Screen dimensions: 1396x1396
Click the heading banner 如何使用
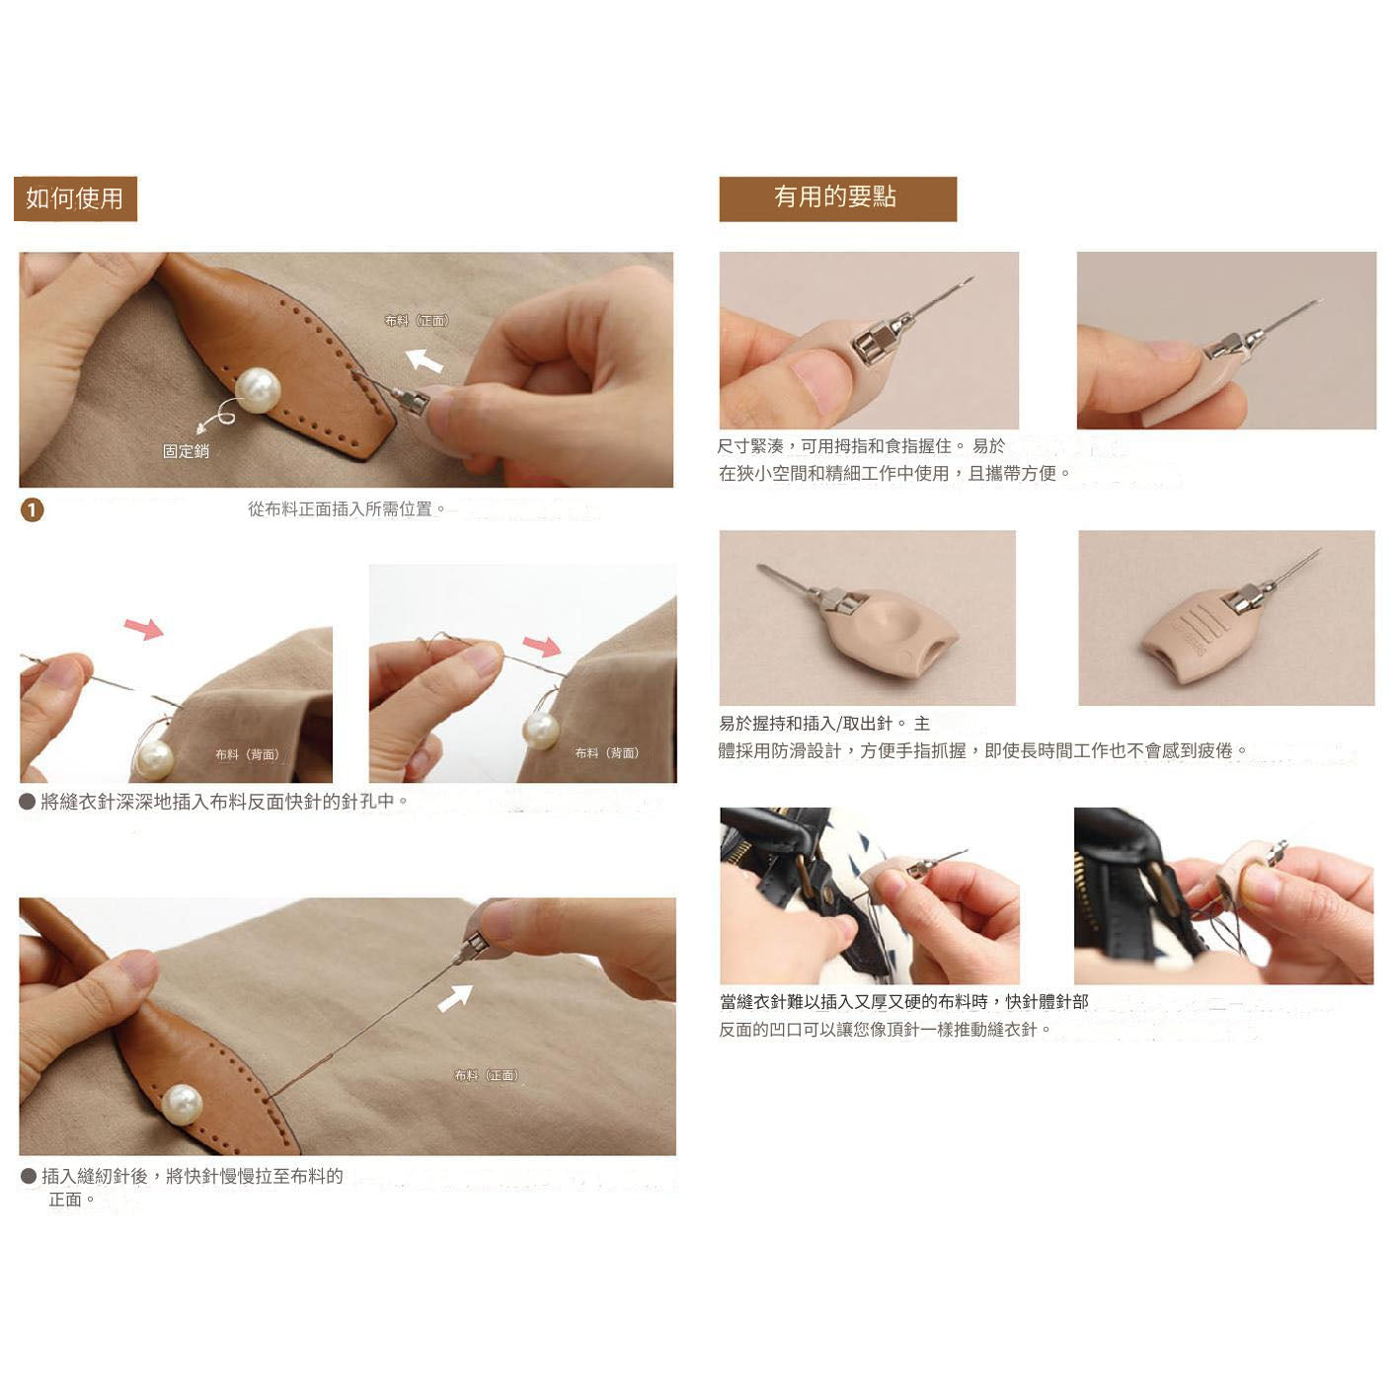[x=75, y=198]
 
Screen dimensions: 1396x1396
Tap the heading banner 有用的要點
[x=836, y=197]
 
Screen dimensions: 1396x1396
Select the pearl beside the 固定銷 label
[x=257, y=390]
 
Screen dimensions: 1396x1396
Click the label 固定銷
[x=186, y=451]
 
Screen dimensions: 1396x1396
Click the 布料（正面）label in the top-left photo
[x=417, y=321]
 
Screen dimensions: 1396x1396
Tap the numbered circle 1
[x=33, y=509]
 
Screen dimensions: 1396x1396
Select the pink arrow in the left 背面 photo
[x=144, y=628]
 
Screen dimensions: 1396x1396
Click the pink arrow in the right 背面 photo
[x=541, y=647]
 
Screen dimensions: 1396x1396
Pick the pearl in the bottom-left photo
[x=182, y=1104]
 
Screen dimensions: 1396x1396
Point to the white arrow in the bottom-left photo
[x=454, y=997]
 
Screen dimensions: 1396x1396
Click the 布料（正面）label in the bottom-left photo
[x=487, y=1075]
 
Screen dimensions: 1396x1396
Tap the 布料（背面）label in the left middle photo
[x=248, y=754]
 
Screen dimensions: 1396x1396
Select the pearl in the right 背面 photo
[x=540, y=731]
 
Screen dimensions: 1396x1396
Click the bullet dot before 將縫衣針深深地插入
[x=28, y=802]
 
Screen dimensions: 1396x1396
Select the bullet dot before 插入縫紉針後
[x=29, y=1176]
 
